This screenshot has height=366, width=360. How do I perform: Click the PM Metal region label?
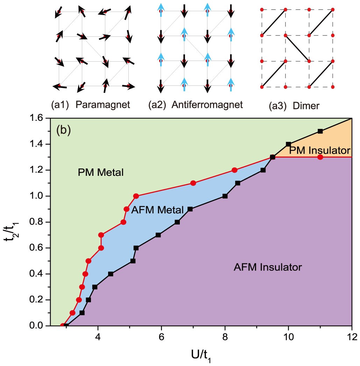point(100,172)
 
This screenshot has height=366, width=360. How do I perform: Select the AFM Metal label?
point(157,210)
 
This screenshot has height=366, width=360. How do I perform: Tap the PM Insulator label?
point(319,151)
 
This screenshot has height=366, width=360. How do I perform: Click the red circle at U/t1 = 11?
point(320,157)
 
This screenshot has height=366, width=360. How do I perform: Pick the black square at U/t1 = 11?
point(320,131)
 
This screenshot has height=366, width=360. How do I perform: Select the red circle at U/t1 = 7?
point(193,183)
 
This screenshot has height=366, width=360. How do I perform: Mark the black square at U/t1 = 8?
point(225,196)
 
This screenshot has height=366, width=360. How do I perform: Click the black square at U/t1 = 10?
point(288,144)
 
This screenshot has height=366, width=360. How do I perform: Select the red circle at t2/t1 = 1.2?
point(234,170)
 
